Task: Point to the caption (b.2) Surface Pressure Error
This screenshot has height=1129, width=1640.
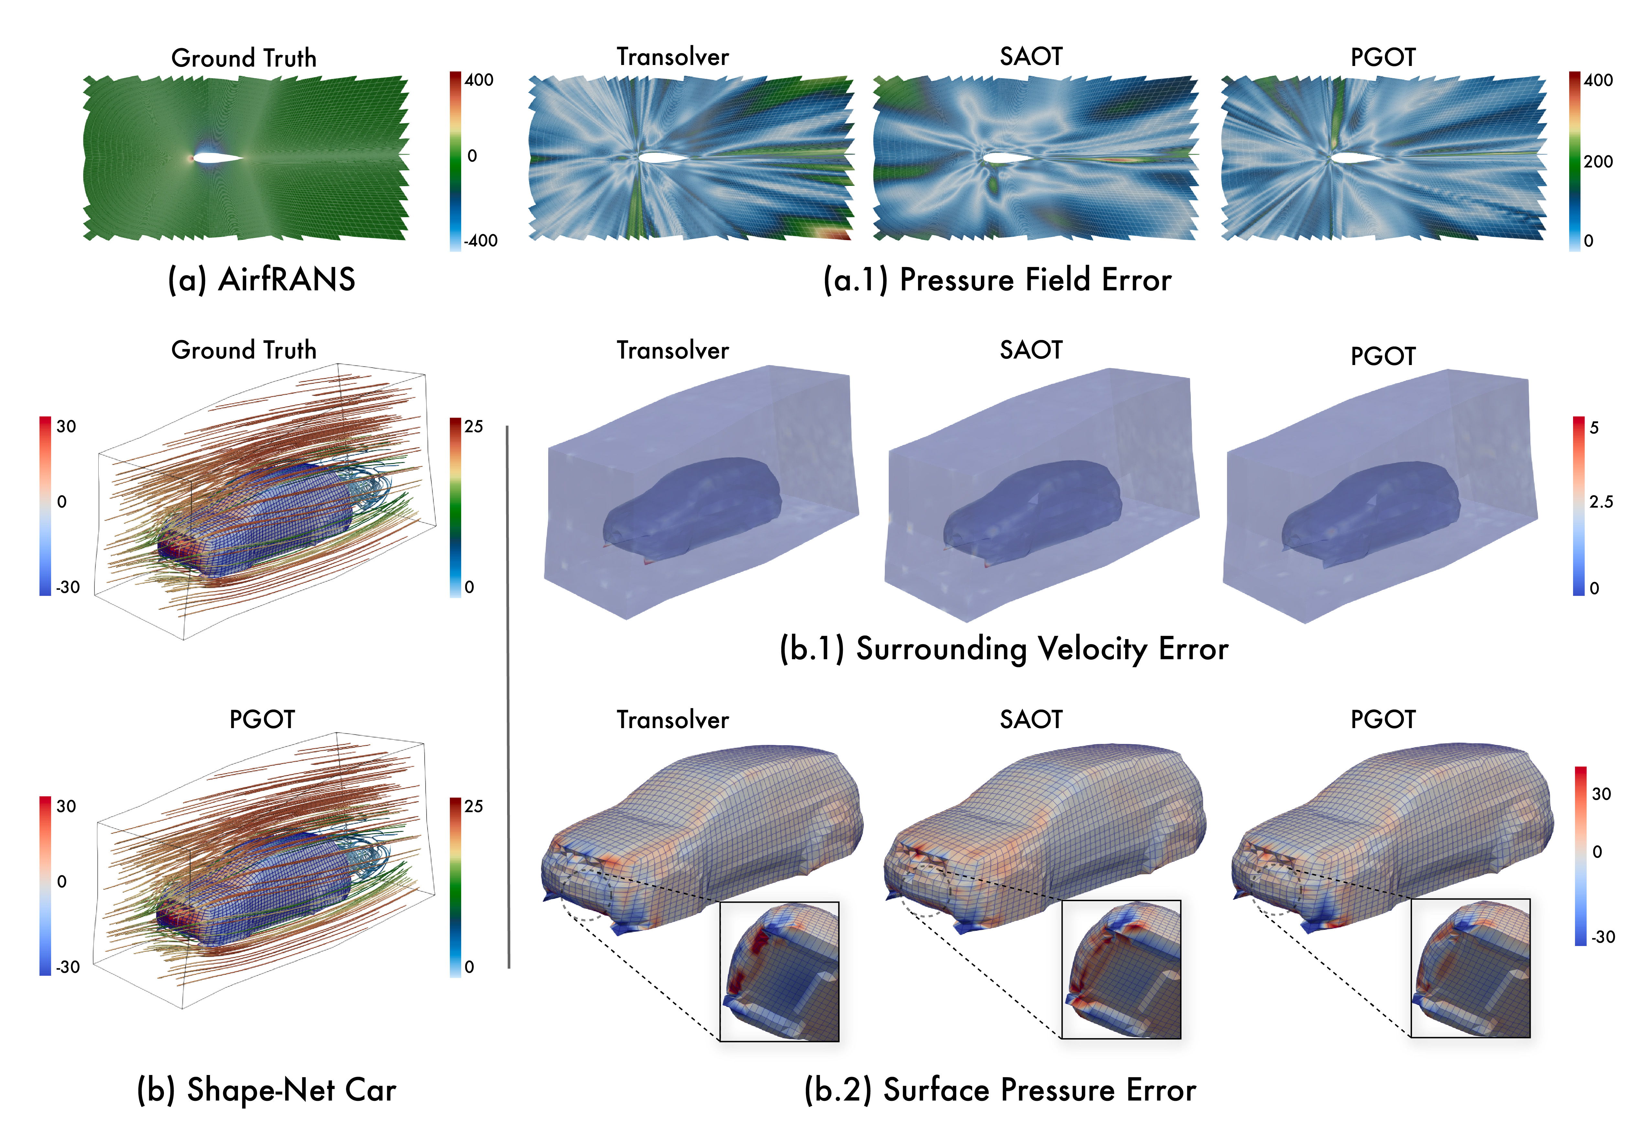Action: coord(1000,1089)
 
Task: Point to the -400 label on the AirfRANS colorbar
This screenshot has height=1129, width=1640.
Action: coord(480,241)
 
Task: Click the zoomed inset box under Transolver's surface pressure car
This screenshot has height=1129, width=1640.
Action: coord(779,971)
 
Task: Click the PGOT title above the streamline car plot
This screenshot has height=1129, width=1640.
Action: coord(262,719)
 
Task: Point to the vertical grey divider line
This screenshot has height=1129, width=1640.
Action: coord(508,697)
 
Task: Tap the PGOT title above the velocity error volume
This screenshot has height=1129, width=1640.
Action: coord(1383,356)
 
